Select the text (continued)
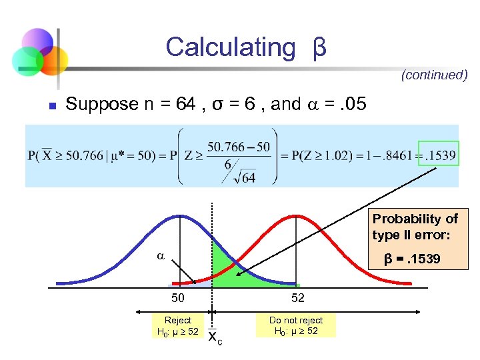pos(434,75)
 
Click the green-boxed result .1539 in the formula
pos(439,156)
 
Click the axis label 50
pos(177,298)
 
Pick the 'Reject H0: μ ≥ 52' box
pos(177,325)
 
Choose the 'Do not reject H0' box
pos(295,325)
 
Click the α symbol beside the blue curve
pos(160,255)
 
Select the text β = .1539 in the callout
pos(411,259)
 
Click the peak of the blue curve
pos(178,216)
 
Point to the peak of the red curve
pos(291,216)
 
